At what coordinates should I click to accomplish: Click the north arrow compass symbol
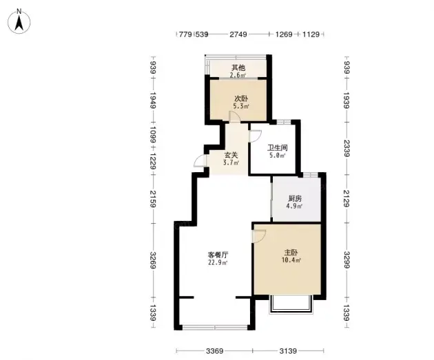pos(19,21)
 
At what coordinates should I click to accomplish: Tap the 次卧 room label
pos(241,98)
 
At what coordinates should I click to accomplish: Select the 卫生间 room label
pos(278,148)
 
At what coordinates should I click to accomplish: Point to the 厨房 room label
pos(295,198)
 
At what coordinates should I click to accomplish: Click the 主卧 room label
pos(291,253)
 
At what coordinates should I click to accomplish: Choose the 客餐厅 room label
pos(218,255)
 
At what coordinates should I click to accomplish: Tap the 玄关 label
pos(231,156)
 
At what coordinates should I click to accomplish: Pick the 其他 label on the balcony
pos(238,67)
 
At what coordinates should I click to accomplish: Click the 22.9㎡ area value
pos(218,262)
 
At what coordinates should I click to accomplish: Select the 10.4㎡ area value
pos(291,260)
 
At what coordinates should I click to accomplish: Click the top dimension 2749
pos(238,34)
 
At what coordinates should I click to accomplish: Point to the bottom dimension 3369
pos(214,351)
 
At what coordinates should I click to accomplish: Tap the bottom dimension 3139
pos(288,351)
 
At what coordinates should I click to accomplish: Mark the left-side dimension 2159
pos(153,198)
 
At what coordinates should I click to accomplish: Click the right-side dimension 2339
pos(347,148)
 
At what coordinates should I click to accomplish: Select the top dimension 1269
pos(284,34)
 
